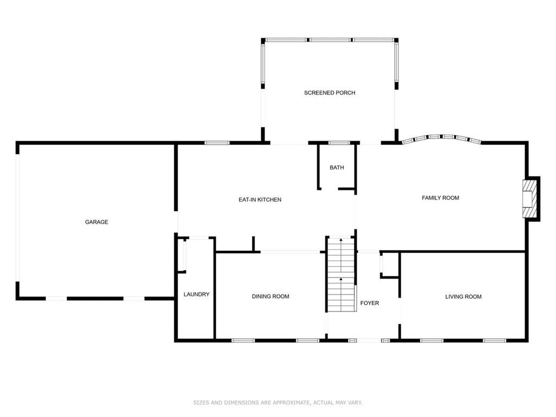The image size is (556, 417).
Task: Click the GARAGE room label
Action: pos(97,222)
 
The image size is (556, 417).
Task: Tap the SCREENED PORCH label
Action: pos(330,93)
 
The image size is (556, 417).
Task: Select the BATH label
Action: pos(337,167)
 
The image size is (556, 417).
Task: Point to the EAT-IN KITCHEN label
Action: pos(260,200)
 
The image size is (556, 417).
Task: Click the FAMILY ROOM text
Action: pos(440,198)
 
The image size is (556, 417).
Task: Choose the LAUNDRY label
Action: pos(197,294)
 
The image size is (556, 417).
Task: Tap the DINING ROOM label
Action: pos(270,296)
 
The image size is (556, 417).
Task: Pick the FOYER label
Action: pos(369,303)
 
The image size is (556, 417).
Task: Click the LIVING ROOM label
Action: pos(464,297)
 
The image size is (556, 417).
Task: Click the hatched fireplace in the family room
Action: pos(528,199)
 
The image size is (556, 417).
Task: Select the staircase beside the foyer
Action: pos(341,274)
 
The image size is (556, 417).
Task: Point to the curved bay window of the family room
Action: pos(442,138)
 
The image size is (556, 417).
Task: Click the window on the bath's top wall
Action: pos(339,143)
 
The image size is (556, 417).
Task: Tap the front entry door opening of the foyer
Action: pos(369,341)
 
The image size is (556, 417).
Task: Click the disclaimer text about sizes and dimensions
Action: pos(278,402)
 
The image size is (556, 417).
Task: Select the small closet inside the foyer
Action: pos(389,264)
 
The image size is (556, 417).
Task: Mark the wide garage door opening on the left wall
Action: pos(17,218)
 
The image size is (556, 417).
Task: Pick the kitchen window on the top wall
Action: pos(217,143)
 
